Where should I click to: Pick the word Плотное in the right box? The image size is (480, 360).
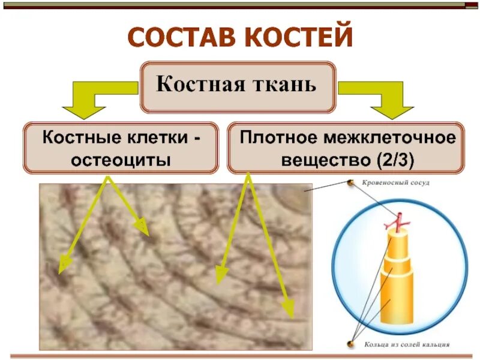277,138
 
